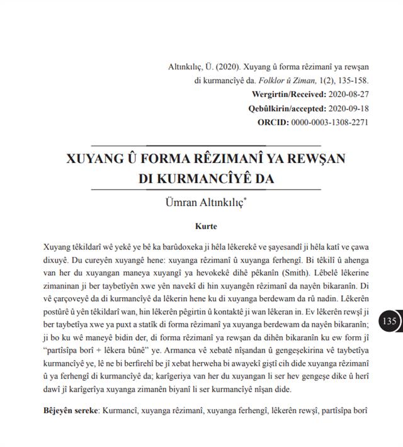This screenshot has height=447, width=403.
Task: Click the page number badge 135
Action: coord(389,321)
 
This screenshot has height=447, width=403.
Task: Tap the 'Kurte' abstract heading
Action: coord(206,225)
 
